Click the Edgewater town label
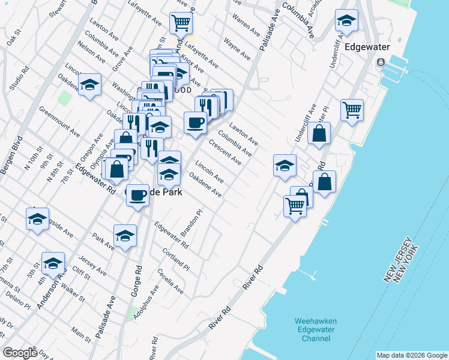364,47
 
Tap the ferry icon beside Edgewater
381,63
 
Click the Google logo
20,353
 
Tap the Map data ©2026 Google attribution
411,355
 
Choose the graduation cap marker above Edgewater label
346,22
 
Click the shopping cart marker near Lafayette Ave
181,24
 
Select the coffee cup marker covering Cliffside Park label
138,196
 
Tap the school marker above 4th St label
53,263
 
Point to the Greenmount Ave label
60,121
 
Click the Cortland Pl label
176,260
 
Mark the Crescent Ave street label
225,152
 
